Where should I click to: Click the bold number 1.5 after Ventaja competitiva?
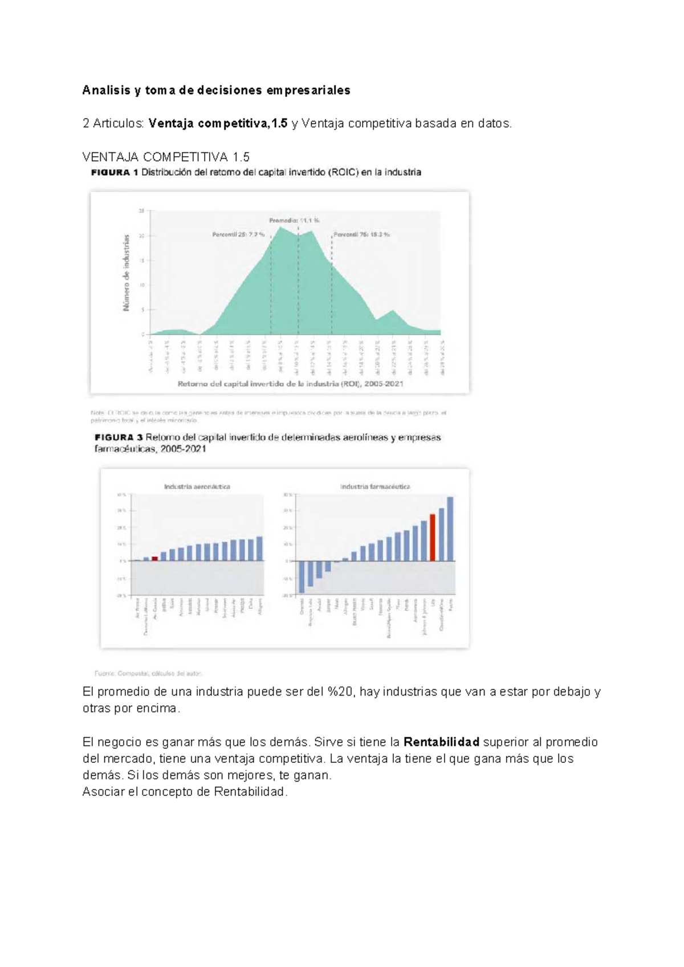[x=279, y=123]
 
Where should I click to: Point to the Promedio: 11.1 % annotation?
[x=294, y=220]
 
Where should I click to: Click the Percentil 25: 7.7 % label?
[x=238, y=234]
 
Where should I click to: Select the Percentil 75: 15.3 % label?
[x=361, y=234]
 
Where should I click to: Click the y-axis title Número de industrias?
[x=127, y=273]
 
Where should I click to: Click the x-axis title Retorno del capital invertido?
[x=290, y=384]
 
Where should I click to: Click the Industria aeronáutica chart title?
[x=197, y=486]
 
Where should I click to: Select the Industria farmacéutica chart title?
[x=374, y=486]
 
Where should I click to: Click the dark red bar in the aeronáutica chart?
[x=155, y=558]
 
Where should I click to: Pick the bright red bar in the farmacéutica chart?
[x=433, y=537]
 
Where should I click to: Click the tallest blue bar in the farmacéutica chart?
[x=450, y=529]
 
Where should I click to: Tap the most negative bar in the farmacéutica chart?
[x=302, y=576]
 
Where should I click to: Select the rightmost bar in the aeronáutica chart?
[x=260, y=548]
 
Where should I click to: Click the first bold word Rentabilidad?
[x=441, y=742]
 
